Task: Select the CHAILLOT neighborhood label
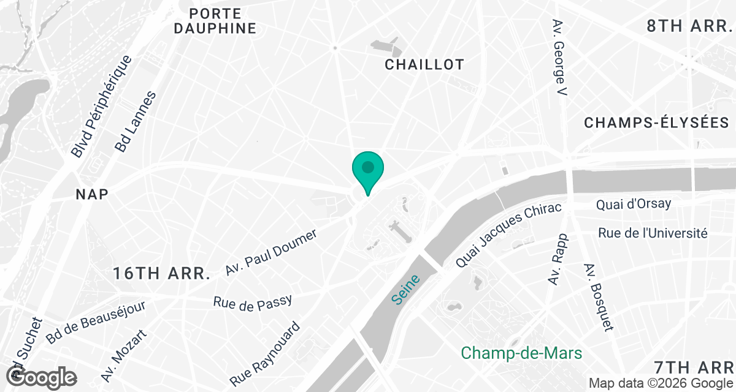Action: [424, 64]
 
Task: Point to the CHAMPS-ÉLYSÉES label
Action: [656, 123]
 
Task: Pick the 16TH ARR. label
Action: [162, 274]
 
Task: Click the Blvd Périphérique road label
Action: [101, 106]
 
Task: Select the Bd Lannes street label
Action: [136, 122]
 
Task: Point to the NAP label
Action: [92, 194]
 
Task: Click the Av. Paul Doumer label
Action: [271, 252]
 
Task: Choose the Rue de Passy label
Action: [252, 302]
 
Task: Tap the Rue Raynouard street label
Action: [266, 354]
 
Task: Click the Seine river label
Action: [405, 290]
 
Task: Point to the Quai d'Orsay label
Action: [634, 203]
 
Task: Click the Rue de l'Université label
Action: [653, 233]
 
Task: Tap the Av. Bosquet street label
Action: [599, 298]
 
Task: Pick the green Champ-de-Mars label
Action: [521, 353]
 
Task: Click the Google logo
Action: [42, 376]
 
